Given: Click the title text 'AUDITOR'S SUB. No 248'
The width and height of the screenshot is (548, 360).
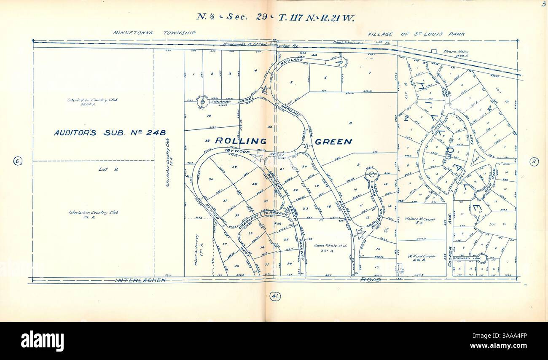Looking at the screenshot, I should pyautogui.click(x=110, y=133).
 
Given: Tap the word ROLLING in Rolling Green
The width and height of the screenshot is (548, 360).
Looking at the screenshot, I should pyautogui.click(x=241, y=141).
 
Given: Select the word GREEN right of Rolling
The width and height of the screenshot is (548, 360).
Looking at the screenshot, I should pyautogui.click(x=333, y=142).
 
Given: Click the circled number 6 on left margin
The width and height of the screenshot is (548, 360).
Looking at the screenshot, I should pyautogui.click(x=17, y=161).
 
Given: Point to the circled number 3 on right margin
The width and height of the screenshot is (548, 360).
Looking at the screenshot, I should pyautogui.click(x=534, y=161).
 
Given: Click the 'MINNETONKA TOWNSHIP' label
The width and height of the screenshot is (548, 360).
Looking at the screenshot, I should pyautogui.click(x=154, y=32).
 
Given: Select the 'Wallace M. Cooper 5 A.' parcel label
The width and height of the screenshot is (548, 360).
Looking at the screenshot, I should pyautogui.click(x=421, y=221).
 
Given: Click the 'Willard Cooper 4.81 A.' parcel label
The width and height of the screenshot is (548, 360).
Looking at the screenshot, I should pyautogui.click(x=422, y=258).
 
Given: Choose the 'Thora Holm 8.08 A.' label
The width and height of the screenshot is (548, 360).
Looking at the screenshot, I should pyautogui.click(x=456, y=53).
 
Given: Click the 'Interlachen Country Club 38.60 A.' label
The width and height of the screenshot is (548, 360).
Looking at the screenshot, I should pyautogui.click(x=92, y=102).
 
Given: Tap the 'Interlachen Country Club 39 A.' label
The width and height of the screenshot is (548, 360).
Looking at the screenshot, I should pyautogui.click(x=93, y=215).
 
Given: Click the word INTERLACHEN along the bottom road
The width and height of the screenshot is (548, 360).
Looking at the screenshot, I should pyautogui.click(x=140, y=280).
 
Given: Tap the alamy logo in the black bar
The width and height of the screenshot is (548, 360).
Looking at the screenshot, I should pyautogui.click(x=42, y=341).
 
